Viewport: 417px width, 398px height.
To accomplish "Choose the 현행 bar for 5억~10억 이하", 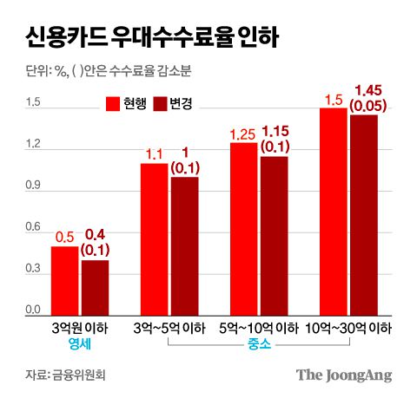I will [x=243, y=227].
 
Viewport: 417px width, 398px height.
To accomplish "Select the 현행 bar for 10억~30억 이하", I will [x=333, y=210].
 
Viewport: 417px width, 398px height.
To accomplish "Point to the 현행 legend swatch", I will [x=112, y=104].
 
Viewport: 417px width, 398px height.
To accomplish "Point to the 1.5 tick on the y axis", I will [x=32, y=103].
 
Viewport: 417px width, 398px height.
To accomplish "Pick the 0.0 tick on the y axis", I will [x=32, y=310].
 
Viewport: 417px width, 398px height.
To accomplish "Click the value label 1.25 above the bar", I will [x=243, y=134].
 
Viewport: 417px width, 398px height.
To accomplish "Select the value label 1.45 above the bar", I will [x=364, y=89].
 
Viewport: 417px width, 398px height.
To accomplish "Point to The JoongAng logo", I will [x=344, y=375].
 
